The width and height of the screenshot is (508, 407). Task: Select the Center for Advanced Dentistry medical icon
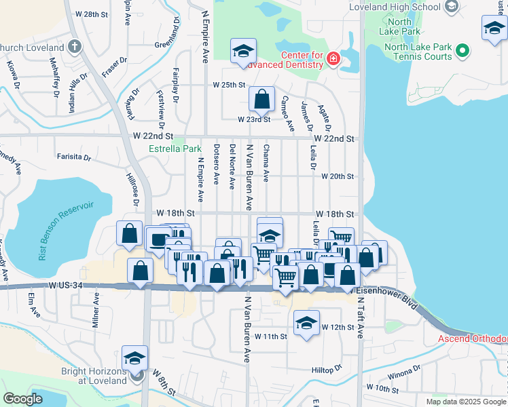[x=333, y=58]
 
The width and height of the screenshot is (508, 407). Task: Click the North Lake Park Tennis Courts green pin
[x=462, y=51]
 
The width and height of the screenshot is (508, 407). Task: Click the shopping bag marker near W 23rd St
[x=261, y=100]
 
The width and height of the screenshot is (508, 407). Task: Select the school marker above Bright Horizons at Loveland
[x=134, y=357]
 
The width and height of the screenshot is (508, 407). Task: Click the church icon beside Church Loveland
[x=75, y=47]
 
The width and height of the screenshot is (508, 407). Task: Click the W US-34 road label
[x=65, y=286]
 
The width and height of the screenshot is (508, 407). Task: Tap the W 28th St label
[x=92, y=14]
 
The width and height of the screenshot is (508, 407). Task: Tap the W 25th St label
[x=228, y=85]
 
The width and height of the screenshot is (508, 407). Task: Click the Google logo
[x=22, y=399]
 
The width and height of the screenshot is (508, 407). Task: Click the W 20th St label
[x=338, y=176]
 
